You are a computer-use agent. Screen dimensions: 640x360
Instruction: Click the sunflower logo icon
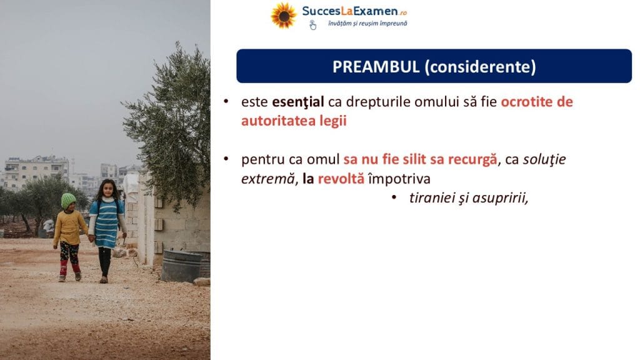284,16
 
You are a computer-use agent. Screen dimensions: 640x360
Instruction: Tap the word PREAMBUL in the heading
376,67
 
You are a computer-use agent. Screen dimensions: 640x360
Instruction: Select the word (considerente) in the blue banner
481,67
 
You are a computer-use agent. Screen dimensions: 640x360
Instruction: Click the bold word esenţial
298,102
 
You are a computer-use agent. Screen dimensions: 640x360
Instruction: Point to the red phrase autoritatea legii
294,121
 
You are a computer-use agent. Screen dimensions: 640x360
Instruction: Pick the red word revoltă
341,179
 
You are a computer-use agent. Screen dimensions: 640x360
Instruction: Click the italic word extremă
267,179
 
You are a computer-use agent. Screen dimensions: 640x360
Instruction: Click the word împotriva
399,179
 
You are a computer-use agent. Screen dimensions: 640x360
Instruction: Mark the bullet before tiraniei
394,197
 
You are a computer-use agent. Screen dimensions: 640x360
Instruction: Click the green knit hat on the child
68,201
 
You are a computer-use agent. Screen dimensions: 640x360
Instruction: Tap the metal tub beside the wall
182,266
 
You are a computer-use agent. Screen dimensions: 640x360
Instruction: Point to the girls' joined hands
91,238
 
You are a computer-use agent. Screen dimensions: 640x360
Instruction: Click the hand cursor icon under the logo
312,25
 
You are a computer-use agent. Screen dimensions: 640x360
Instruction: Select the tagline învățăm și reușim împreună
367,24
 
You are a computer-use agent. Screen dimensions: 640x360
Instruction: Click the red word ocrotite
526,102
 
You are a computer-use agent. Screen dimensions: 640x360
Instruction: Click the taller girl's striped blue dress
106,222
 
